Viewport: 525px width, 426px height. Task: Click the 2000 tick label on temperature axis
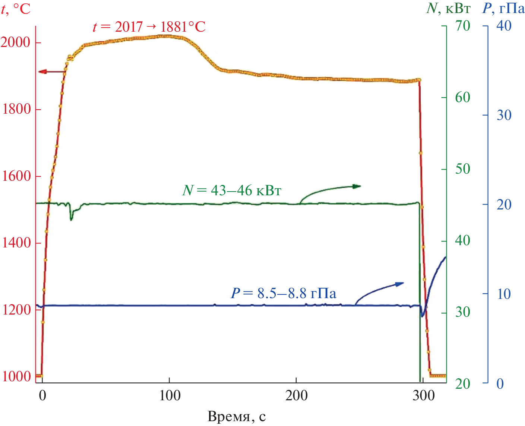15,42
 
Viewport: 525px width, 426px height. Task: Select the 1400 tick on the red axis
15,243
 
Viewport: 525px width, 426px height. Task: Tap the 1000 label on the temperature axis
15,376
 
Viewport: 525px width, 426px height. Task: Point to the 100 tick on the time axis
170,395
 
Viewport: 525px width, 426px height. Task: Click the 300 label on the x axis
423,395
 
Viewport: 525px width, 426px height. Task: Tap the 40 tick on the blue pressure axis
504,26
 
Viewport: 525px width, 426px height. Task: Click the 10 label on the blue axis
504,294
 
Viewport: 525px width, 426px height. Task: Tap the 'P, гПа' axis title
503,8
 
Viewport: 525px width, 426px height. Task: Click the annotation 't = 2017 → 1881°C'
149,27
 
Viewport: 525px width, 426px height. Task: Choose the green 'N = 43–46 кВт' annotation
232,190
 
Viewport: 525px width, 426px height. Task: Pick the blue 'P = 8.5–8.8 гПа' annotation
283,293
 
